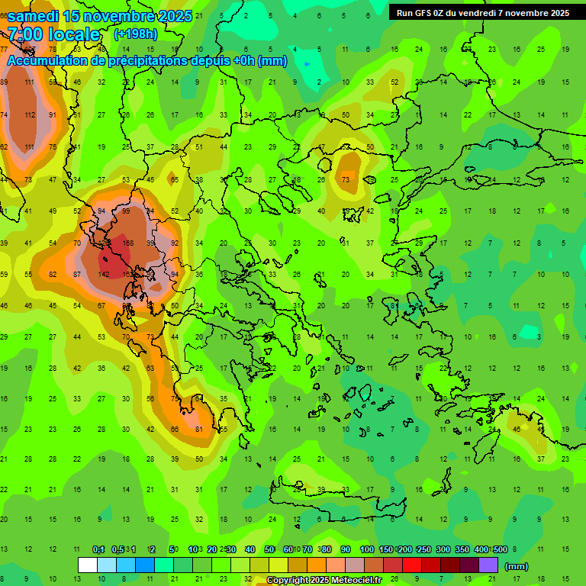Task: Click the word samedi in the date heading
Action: tap(33, 16)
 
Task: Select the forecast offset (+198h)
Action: tap(136, 34)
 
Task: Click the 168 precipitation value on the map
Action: tap(127, 243)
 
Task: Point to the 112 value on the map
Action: tap(30, 115)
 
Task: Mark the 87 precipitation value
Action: tap(78, 274)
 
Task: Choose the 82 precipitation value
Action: tap(53, 274)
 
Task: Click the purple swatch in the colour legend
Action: tap(488, 565)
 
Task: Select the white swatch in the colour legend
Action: tap(88, 565)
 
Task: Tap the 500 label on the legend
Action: tap(501, 549)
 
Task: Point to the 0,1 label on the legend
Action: tap(98, 549)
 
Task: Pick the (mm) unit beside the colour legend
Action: tap(517, 566)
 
